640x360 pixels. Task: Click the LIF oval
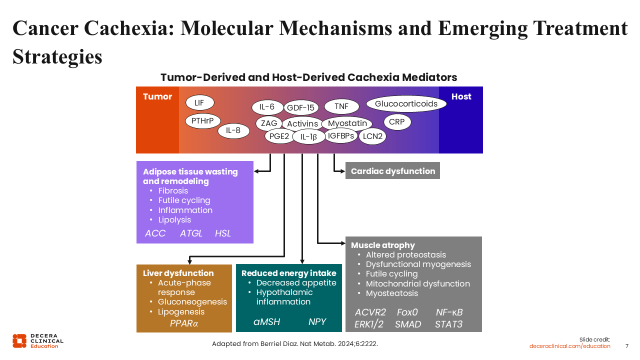[199, 103]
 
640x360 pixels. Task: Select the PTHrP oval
[202, 121]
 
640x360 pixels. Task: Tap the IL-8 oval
[233, 131]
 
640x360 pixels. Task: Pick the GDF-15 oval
[300, 107]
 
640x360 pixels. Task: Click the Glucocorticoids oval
[406, 104]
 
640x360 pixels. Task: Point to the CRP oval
[397, 121]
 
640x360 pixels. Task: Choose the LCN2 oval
[372, 136]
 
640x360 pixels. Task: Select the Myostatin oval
[347, 123]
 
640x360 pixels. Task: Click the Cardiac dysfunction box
[392, 171]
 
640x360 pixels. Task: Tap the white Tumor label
[157, 96]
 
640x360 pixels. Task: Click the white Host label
[461, 96]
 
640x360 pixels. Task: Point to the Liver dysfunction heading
[178, 273]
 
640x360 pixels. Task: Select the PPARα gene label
[184, 323]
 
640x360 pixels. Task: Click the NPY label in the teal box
[317, 321]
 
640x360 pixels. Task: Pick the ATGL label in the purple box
[191, 233]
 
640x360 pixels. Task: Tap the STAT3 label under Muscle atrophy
[448, 324]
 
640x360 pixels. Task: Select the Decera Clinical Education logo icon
[19, 340]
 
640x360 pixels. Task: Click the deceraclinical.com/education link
[570, 346]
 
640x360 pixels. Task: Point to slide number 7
[627, 346]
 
